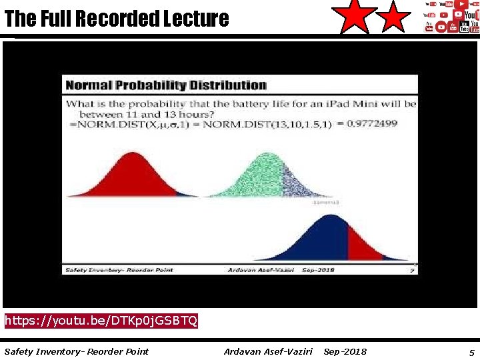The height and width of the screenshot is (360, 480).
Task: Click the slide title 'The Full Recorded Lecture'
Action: [x=117, y=19]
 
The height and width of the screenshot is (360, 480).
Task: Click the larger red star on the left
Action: [x=355, y=17]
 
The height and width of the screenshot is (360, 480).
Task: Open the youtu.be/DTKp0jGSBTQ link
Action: [x=101, y=321]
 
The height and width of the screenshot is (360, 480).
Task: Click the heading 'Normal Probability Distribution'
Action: [x=165, y=85]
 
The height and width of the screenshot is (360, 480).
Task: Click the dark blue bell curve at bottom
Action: [x=320, y=240]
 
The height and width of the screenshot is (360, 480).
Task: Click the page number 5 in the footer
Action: [x=471, y=351]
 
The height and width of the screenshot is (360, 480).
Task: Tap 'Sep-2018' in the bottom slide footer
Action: [x=345, y=351]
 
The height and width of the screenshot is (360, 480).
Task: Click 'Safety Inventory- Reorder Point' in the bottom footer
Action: [x=77, y=351]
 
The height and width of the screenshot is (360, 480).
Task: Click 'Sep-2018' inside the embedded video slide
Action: [x=318, y=270]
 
